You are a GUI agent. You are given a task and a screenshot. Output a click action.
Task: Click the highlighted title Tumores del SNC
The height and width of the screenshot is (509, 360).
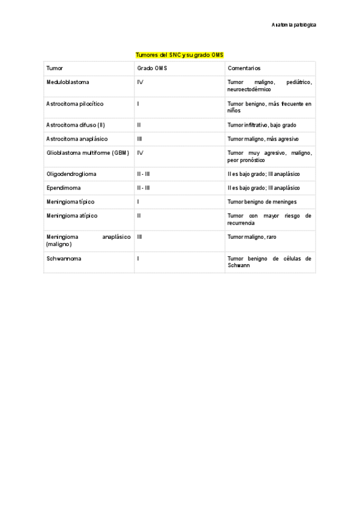pos(179,55)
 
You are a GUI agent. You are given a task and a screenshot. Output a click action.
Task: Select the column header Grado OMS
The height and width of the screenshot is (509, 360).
pos(152,68)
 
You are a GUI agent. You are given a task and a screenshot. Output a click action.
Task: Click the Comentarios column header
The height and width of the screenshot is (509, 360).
pos(244,68)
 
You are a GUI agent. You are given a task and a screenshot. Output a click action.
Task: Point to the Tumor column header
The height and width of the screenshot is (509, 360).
pos(55,68)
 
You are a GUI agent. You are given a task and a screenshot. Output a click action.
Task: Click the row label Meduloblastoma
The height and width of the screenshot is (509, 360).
pos(68,82)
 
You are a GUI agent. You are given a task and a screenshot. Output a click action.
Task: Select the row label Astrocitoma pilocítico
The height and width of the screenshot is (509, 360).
pos(74,104)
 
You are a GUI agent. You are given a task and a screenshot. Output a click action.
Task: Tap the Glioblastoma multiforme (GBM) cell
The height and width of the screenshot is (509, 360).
pos(88,153)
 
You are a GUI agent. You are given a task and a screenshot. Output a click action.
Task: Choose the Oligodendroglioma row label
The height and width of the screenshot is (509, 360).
pos(71,174)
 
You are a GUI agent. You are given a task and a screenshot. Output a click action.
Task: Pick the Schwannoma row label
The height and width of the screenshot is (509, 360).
pos(64,259)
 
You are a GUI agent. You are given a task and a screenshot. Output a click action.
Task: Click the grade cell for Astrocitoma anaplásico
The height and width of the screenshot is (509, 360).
pos(139,139)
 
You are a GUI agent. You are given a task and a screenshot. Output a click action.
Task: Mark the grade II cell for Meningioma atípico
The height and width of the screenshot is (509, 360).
pos(139,215)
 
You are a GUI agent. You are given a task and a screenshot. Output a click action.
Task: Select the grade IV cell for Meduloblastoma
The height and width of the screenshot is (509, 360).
pos(140,82)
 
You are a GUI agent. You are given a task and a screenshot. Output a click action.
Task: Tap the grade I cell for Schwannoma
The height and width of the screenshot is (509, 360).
pos(138,259)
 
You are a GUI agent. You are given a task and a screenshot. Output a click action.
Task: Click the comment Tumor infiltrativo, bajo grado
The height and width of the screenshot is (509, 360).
pos(262,125)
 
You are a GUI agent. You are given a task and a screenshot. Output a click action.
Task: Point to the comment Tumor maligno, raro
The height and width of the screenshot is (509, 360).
pos(252,237)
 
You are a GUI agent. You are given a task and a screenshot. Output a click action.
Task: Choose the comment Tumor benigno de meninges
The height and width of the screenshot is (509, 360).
pos(262,202)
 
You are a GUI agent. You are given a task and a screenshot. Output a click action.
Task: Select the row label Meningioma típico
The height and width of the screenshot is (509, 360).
pos(70,202)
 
